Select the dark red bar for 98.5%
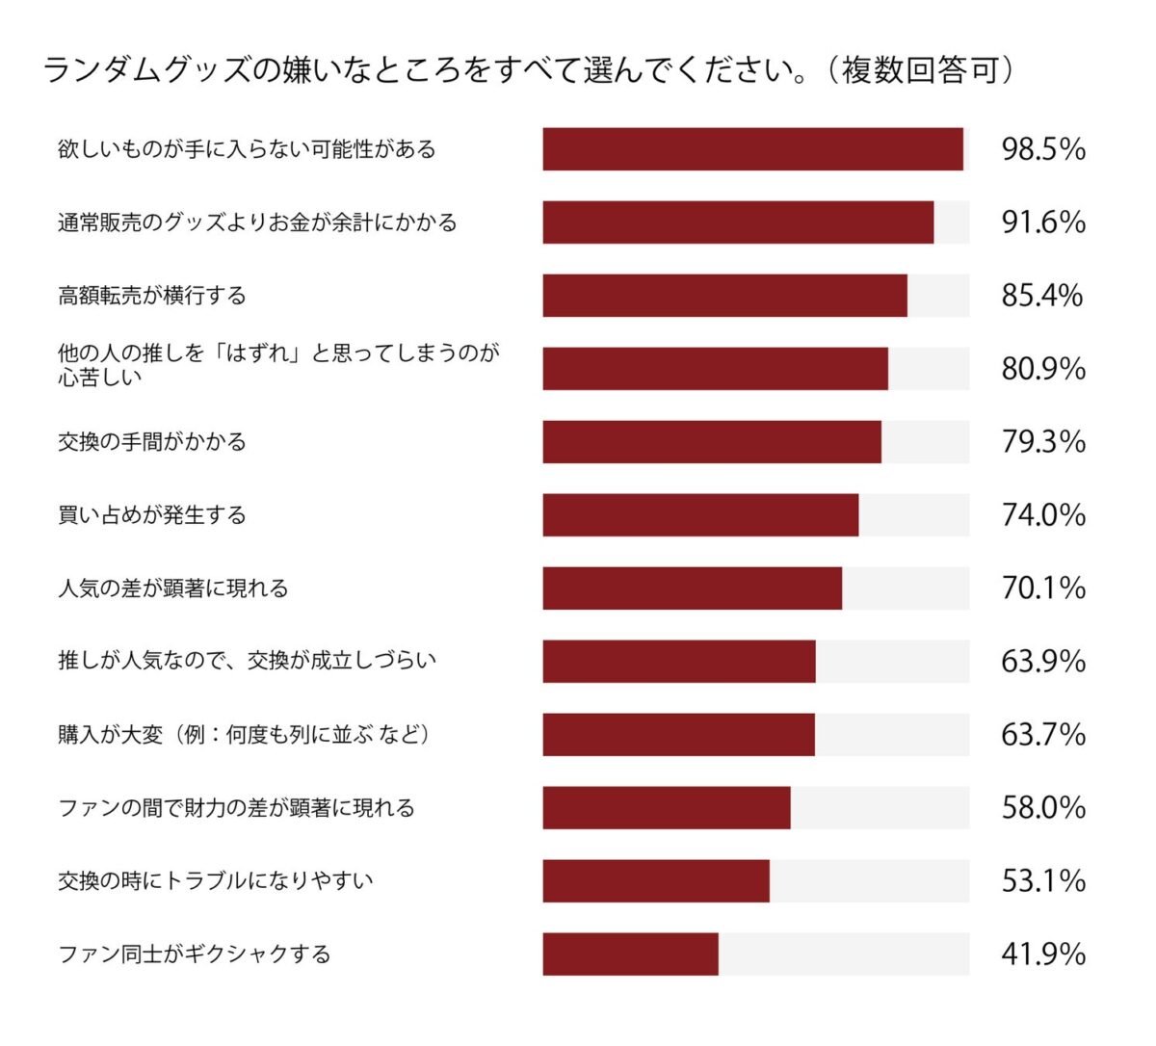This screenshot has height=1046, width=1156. pyautogui.click(x=752, y=149)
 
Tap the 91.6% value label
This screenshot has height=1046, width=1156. pyautogui.click(x=1043, y=222)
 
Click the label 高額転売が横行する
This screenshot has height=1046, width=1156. pyautogui.click(x=152, y=296)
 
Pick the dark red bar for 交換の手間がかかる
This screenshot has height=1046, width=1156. pyautogui.click(x=712, y=442)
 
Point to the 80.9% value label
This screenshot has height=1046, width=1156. pyautogui.click(x=1043, y=369)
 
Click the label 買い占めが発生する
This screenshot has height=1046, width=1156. pyautogui.click(x=152, y=515)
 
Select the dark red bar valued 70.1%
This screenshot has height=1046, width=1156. pyautogui.click(x=692, y=588)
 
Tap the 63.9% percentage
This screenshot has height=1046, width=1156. pyautogui.click(x=1043, y=662)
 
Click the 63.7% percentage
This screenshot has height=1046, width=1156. pyautogui.click(x=1043, y=735)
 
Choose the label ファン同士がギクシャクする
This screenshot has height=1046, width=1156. pyautogui.click(x=195, y=954)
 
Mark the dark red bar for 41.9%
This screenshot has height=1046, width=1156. pyautogui.click(x=630, y=954)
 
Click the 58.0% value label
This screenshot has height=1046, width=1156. pyautogui.click(x=1043, y=808)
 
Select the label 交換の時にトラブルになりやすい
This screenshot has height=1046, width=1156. pyautogui.click(x=216, y=881)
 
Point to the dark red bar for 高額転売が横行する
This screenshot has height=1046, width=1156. pyautogui.click(x=724, y=296)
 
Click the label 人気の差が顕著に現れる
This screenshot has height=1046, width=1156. pyautogui.click(x=173, y=588)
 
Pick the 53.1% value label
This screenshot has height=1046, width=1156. pyautogui.click(x=1043, y=881)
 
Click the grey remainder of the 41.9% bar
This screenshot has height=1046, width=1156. pyautogui.click(x=844, y=954)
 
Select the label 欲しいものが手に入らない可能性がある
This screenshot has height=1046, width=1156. pyautogui.click(x=247, y=149)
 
